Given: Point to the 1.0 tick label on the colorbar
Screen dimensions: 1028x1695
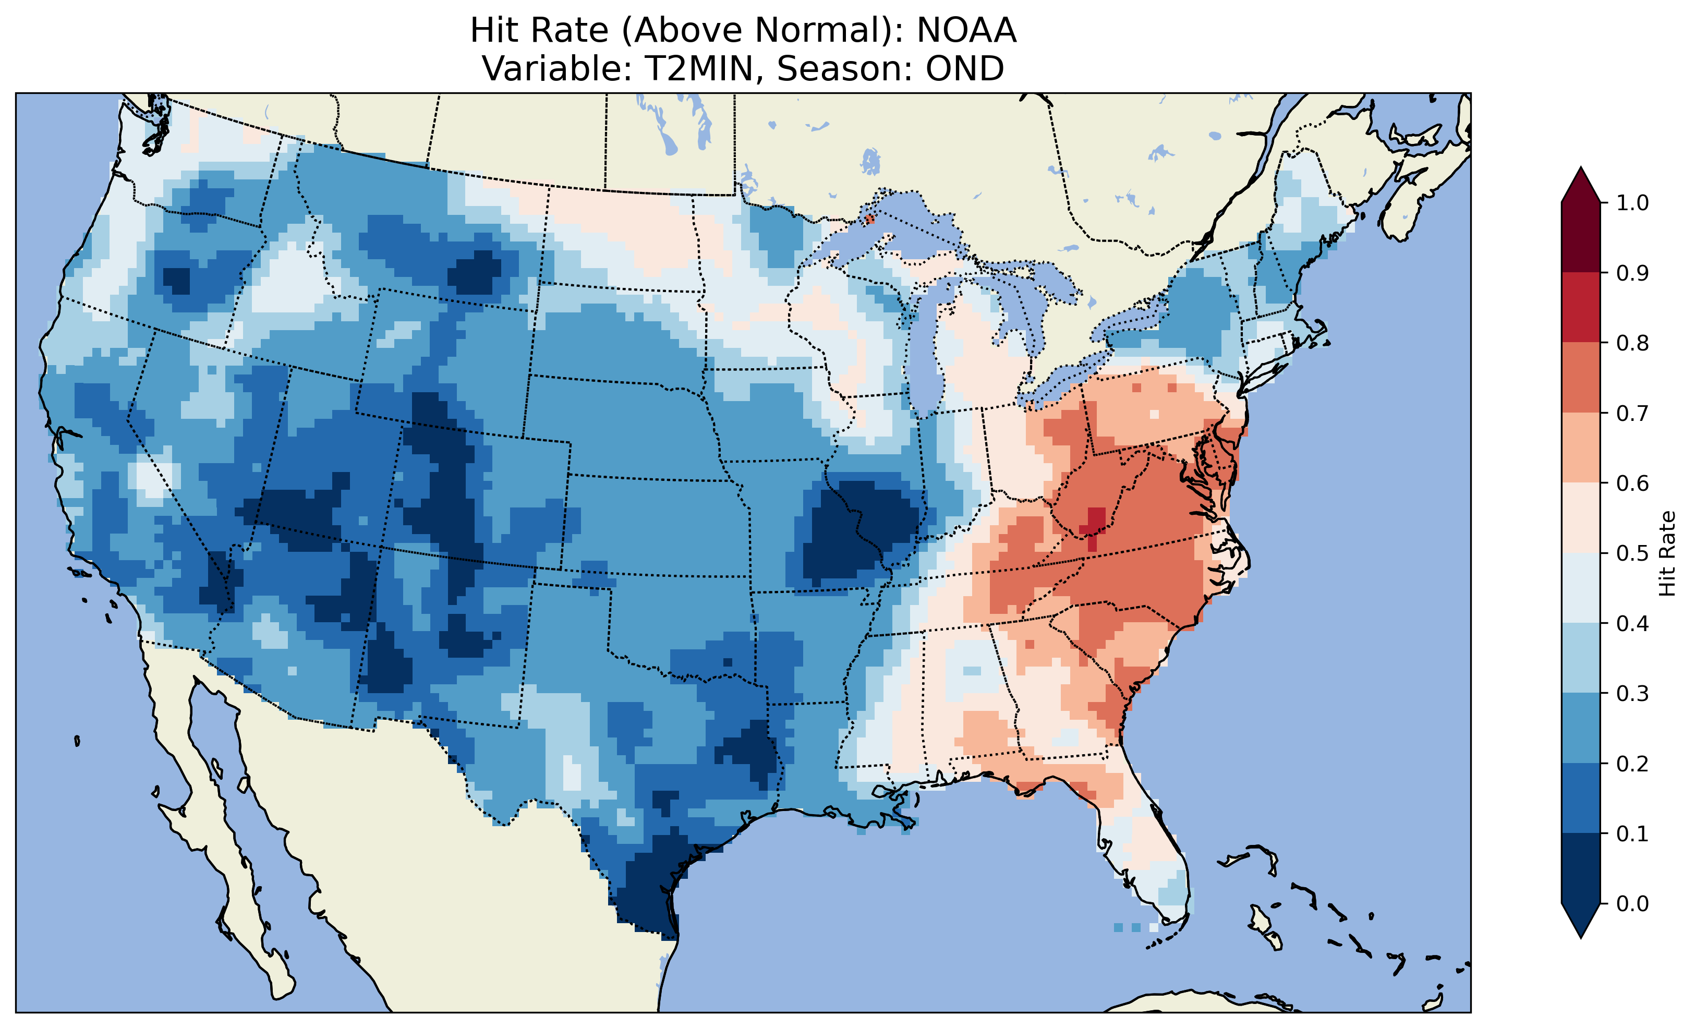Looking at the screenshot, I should pos(1632,203).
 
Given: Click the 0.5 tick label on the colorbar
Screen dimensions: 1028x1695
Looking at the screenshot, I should pos(1632,553).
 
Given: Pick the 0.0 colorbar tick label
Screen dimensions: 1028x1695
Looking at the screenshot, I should pos(1632,903).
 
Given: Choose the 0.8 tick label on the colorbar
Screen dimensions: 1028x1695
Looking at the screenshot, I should pos(1632,343).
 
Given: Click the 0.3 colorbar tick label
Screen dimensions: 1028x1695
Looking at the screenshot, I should pos(1632,694).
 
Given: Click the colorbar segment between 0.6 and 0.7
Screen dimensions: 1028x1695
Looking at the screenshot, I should pos(1581,448).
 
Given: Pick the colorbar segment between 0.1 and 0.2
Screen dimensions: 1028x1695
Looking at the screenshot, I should pos(1581,798).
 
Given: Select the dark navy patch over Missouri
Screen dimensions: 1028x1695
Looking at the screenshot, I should pos(860,530).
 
